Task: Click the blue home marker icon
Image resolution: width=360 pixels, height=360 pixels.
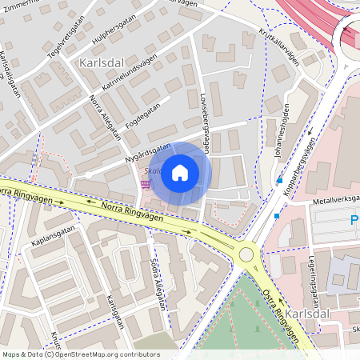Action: pyautogui.click(x=180, y=172)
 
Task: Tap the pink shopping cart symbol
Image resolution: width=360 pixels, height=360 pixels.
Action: pyautogui.click(x=146, y=184)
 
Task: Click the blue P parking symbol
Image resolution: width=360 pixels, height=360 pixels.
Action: pyautogui.click(x=354, y=219)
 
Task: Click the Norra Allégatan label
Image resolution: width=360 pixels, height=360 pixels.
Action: pyautogui.click(x=106, y=118)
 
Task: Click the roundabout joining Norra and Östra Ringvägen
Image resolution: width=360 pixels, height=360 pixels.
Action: pyautogui.click(x=246, y=254)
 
